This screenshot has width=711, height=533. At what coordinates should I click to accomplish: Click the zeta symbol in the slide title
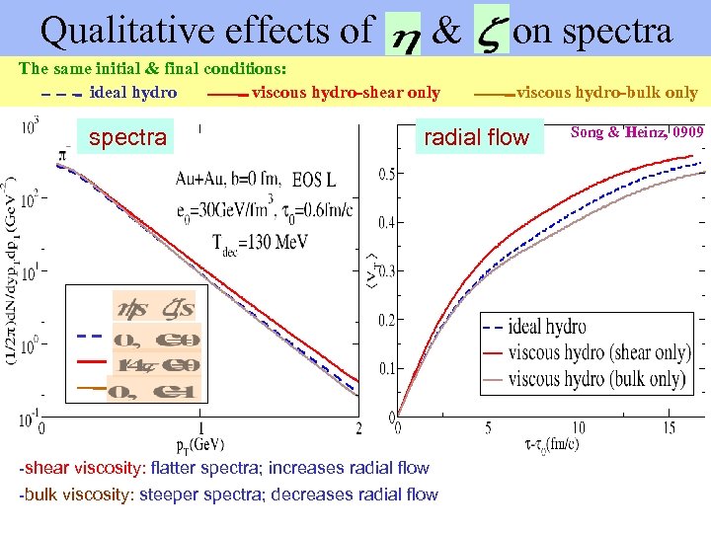pos(490,32)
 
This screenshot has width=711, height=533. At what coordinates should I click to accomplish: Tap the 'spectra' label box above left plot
pos(127,137)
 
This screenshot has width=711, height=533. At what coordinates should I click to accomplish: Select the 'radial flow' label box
pos(476,137)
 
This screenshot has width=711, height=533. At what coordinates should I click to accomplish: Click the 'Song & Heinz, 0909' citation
pos(637,131)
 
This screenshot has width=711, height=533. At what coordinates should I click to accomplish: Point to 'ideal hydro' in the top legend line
pos(133,93)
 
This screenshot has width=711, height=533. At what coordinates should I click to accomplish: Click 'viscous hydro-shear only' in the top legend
pos(346,93)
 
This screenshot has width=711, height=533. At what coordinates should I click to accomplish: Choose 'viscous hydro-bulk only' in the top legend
pos(606,93)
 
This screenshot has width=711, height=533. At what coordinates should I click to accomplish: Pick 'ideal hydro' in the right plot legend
pos(547,327)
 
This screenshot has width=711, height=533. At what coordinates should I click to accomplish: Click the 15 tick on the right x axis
pos(669,427)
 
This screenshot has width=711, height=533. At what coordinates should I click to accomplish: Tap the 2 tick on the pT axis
pos(357,428)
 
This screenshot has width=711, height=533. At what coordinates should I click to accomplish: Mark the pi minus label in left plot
pos(64,154)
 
